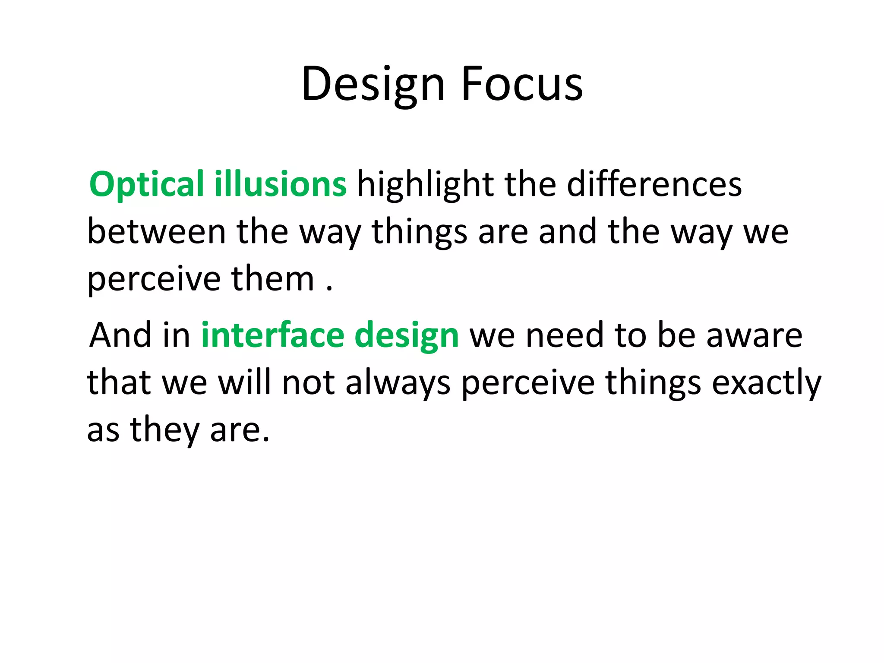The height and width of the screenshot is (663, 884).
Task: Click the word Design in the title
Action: pos(373,84)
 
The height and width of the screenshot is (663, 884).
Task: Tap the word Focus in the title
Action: pos(522,84)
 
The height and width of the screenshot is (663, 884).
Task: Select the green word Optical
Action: pos(146,184)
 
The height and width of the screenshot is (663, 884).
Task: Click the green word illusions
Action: pos(280,184)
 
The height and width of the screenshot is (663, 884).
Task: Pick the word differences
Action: pos(654,184)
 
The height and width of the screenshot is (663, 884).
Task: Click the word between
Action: pos(157,232)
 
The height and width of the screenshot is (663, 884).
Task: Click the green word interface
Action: pos(273,335)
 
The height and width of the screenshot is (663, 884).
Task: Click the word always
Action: pos(398,383)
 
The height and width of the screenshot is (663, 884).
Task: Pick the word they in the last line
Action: pos(164,430)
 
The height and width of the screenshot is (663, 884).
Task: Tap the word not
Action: pos(308,383)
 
